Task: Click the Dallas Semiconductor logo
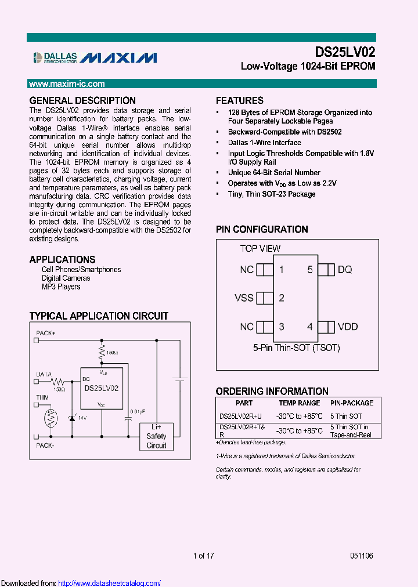(55, 57)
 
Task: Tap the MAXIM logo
(118, 57)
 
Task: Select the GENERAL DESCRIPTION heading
(82, 100)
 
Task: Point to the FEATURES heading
(240, 100)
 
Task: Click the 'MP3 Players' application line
(61, 287)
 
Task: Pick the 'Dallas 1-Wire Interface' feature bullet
(264, 142)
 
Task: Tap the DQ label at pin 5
(345, 270)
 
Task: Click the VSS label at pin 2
(244, 298)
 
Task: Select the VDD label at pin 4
(348, 327)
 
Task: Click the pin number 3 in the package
(282, 327)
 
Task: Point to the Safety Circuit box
(156, 436)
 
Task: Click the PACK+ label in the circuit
(46, 333)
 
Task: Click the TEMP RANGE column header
(300, 403)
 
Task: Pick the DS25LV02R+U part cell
(240, 416)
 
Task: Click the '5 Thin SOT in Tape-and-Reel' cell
(349, 431)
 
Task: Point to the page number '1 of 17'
(204, 556)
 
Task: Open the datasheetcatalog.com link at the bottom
(110, 583)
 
